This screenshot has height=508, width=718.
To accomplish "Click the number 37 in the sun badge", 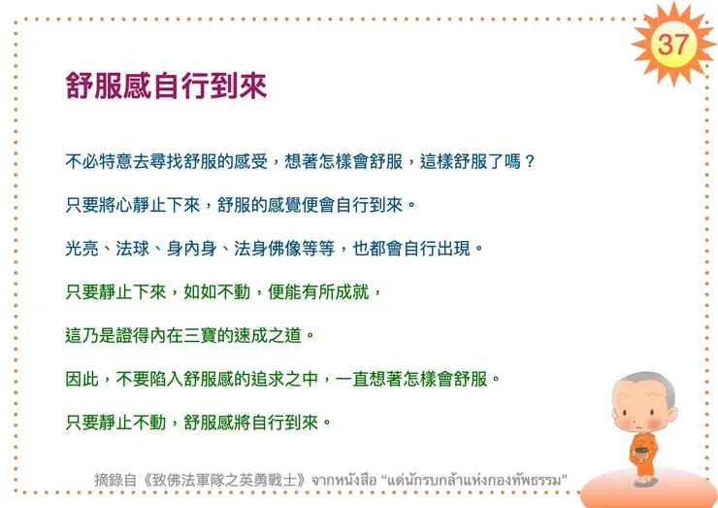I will [x=672, y=43].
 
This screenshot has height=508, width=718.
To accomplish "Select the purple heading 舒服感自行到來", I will [x=166, y=86].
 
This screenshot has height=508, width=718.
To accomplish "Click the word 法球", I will [x=136, y=248].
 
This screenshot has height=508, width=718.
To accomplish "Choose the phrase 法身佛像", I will [x=269, y=248].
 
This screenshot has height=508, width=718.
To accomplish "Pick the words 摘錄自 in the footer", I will [x=114, y=479].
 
